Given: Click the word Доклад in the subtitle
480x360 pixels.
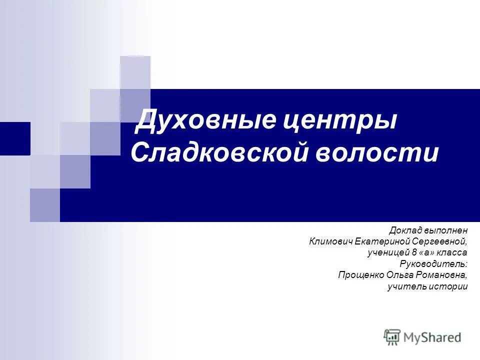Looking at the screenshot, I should [406, 230].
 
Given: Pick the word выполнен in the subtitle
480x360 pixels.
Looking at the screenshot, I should [446, 230].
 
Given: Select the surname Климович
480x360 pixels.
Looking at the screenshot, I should [331, 241].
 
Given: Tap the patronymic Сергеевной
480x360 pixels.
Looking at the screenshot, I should [442, 241].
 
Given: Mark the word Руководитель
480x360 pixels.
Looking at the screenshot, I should [433, 263].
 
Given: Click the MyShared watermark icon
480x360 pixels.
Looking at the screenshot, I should [392, 337].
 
